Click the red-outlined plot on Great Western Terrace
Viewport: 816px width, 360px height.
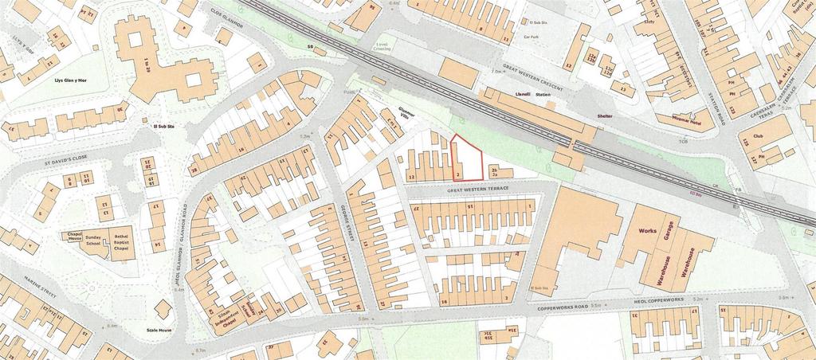pyautogui.click(x=467, y=160)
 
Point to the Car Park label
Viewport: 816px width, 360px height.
pyautogui.click(x=532, y=37)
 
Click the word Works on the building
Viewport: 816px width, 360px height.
pyautogui.click(x=647, y=232)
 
